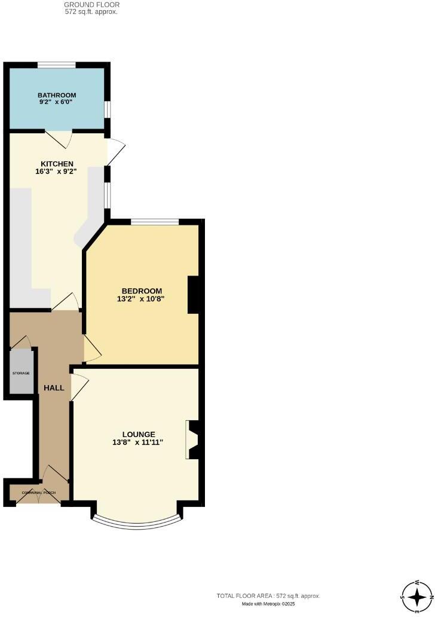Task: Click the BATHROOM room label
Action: (x=57, y=95)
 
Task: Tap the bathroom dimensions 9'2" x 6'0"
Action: (x=57, y=102)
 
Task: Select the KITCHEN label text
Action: (x=57, y=164)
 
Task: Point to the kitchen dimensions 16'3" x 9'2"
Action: (x=57, y=172)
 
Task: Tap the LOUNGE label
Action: (x=139, y=435)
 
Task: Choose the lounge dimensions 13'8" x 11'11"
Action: (x=139, y=442)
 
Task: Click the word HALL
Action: (x=54, y=388)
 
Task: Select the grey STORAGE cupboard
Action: (x=22, y=371)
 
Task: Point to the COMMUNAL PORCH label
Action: (x=38, y=492)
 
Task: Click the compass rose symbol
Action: (x=416, y=596)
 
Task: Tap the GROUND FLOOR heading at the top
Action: (x=91, y=5)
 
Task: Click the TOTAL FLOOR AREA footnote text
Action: (x=268, y=596)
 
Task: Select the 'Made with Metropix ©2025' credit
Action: (x=268, y=604)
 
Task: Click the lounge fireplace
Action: (x=192, y=439)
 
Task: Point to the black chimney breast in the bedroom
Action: (x=194, y=295)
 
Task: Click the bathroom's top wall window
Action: (x=57, y=65)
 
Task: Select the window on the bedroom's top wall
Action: (x=155, y=222)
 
